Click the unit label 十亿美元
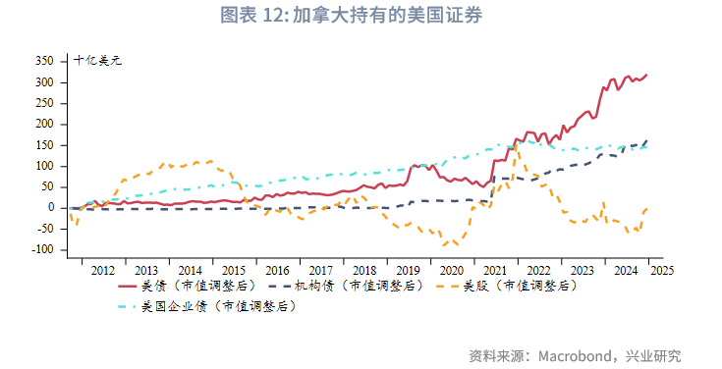[97, 61]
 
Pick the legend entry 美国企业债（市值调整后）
[220, 306]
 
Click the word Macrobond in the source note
[579, 354]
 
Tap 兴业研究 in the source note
[657, 354]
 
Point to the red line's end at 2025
[647, 75]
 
